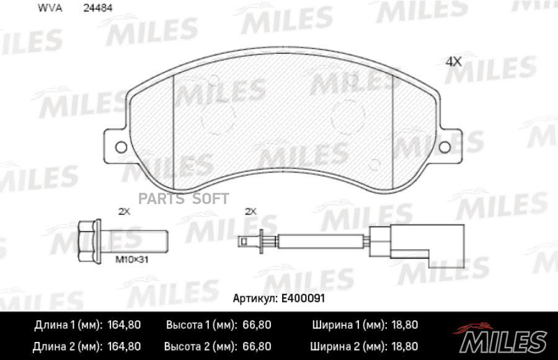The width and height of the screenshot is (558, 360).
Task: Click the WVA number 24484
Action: point(98,8)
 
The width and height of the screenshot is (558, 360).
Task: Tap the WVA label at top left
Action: point(50,8)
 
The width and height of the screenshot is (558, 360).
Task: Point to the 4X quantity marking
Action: point(453,62)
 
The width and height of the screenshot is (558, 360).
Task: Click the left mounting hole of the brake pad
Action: point(122,147)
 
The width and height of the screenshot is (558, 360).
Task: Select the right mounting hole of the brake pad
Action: point(445,147)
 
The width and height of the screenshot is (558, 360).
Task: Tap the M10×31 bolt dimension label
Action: point(131,260)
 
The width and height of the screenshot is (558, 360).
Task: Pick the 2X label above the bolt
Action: point(124,212)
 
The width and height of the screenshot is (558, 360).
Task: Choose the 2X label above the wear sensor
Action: point(251,212)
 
